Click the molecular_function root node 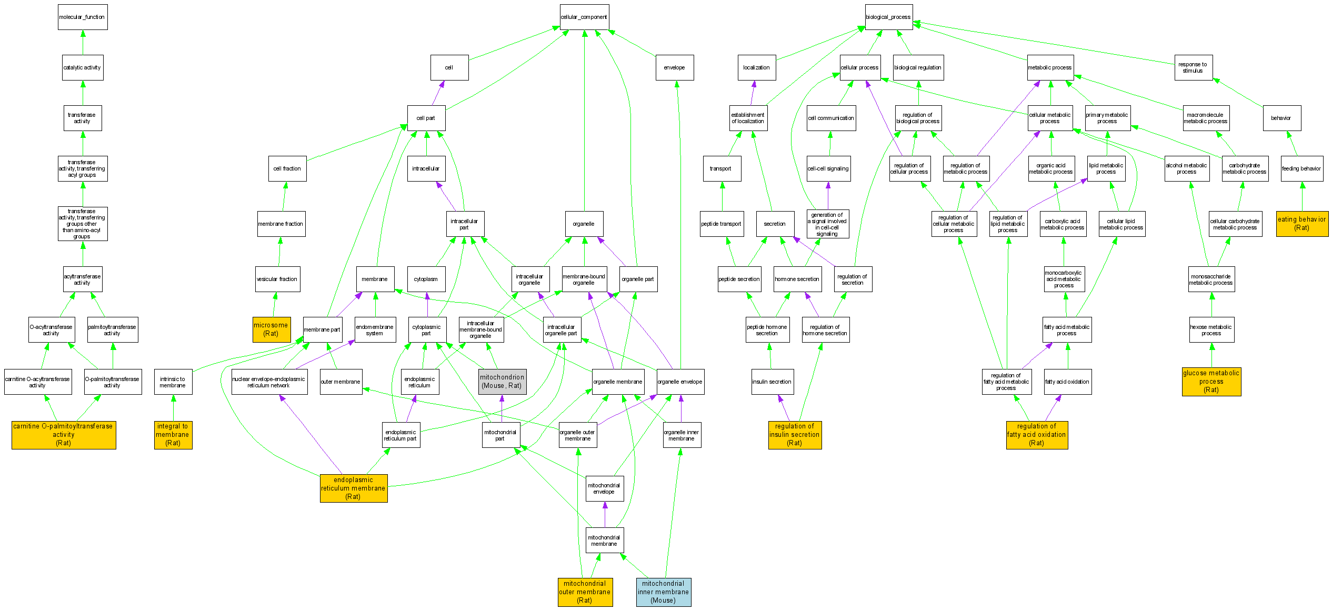(83, 17)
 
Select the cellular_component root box (584, 17)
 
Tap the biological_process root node (888, 17)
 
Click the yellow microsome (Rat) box (271, 329)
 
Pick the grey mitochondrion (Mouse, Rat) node (502, 382)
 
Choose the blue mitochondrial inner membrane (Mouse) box (663, 592)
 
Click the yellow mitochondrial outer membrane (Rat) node (585, 592)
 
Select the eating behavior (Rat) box (1302, 224)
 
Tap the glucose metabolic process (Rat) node (1211, 382)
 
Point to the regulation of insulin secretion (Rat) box (795, 435)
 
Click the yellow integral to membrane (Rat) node (173, 435)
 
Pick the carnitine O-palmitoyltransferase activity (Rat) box (64, 435)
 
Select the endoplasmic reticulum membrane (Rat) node (353, 488)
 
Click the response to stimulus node (1193, 67)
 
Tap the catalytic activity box (82, 67)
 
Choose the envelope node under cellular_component (674, 67)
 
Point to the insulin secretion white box (772, 382)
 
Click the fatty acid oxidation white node (1067, 382)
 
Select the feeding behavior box (1301, 168)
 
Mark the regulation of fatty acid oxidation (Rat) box (1037, 435)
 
